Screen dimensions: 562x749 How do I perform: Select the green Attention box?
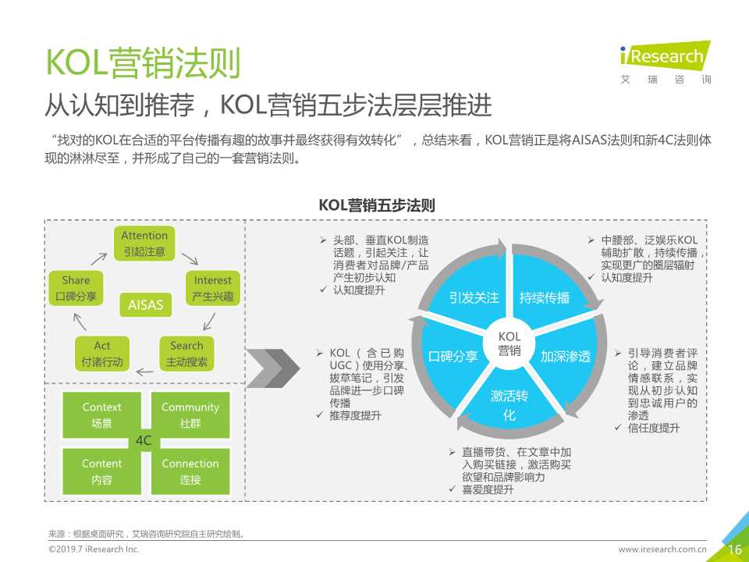[144, 242]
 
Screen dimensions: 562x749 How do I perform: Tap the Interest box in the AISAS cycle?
[213, 288]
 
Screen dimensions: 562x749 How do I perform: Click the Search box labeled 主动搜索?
[186, 354]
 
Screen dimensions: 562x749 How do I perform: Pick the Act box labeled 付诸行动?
[102, 354]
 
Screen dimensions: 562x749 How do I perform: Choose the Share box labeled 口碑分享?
[76, 288]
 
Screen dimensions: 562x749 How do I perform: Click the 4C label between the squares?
[144, 441]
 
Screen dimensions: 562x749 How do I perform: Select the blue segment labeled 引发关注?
[474, 297]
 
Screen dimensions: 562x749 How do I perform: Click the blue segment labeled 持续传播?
[544, 297]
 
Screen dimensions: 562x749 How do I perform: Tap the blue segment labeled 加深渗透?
[566, 357]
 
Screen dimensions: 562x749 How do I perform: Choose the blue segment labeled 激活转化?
[509, 404]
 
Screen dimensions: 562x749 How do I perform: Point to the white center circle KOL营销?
[509, 344]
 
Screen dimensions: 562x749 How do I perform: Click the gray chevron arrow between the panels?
[278, 366]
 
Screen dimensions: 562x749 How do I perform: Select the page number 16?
[734, 550]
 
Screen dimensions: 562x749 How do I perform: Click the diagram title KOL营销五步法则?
[377, 205]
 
